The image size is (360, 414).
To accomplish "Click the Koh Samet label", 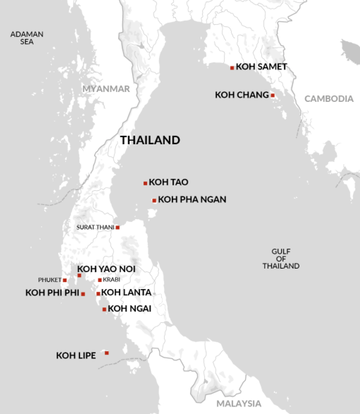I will pos(261,67).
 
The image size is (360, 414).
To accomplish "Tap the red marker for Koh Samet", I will pos(232,68).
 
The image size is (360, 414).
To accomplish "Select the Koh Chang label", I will pos(242,95).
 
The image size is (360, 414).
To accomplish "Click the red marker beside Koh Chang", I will pos(272,95).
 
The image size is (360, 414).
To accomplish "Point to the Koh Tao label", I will pos(168,183).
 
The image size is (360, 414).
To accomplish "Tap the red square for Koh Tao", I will pos(145,183).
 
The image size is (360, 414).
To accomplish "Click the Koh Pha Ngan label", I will pos(192,200).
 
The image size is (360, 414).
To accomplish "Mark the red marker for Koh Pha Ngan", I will pos(154,201).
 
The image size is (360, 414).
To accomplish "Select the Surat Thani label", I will pos(95,227).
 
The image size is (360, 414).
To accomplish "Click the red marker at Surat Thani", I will pos(118,227).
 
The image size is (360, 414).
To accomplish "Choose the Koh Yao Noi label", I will pos(106,269).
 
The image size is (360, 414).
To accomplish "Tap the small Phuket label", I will pos(49,280).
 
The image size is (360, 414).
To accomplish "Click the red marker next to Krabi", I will pos(100,280).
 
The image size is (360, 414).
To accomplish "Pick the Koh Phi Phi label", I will pos(52,293).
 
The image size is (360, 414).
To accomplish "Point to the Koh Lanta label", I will pos(126,293).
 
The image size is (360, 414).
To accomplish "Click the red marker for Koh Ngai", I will pos(104,309).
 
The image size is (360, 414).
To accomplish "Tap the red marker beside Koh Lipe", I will pos(106,353).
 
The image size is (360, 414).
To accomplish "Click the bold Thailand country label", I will pos(150,140).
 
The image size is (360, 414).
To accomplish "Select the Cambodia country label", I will pos(329,99).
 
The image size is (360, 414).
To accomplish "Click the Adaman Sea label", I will pos(27,38).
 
